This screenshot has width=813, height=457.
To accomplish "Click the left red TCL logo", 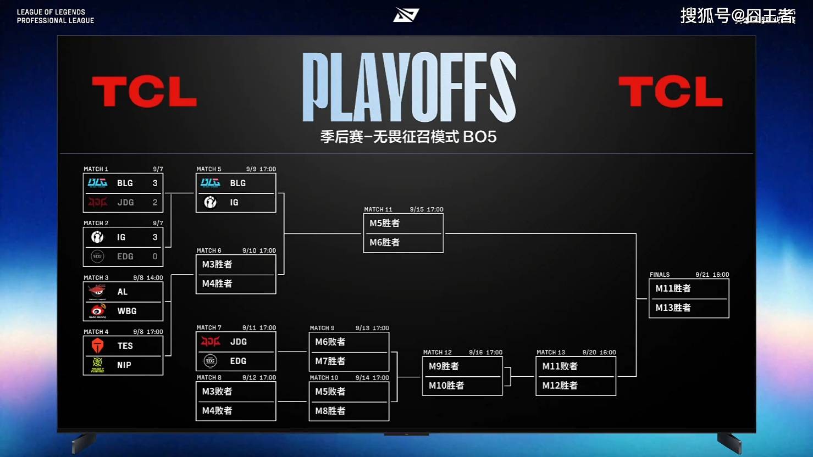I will point(144,91).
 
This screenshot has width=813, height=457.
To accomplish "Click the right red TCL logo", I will point(670,91).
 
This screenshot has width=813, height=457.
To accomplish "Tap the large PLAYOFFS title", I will point(409,87).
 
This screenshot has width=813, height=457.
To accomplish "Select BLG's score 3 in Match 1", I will point(155,183).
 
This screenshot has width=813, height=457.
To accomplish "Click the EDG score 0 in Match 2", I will point(155,257).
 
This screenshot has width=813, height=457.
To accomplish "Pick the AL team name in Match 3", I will point(123,292).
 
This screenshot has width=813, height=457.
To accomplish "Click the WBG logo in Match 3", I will point(98,311).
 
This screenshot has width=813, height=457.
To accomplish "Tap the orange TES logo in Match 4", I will point(98,345).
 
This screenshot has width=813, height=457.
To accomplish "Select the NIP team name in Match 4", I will point(124,365).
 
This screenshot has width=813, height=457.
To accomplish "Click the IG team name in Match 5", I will point(234,202).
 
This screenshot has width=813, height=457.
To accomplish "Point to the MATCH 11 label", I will point(378,209).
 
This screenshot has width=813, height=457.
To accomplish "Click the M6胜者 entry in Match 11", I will point(384,242).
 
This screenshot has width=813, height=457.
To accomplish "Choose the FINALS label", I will point(660,275).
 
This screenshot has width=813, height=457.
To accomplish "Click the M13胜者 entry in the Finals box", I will point(673,308).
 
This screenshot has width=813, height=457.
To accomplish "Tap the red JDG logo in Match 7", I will point(211,342).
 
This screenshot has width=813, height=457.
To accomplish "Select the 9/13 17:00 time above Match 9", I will point(372,328).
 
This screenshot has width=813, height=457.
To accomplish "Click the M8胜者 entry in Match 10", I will point(330,411).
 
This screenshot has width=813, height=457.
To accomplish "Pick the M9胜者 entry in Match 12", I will point(444,366).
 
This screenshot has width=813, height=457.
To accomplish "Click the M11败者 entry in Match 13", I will point(560,366).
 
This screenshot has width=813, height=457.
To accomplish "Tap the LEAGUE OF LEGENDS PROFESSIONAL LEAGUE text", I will point(55,16).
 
